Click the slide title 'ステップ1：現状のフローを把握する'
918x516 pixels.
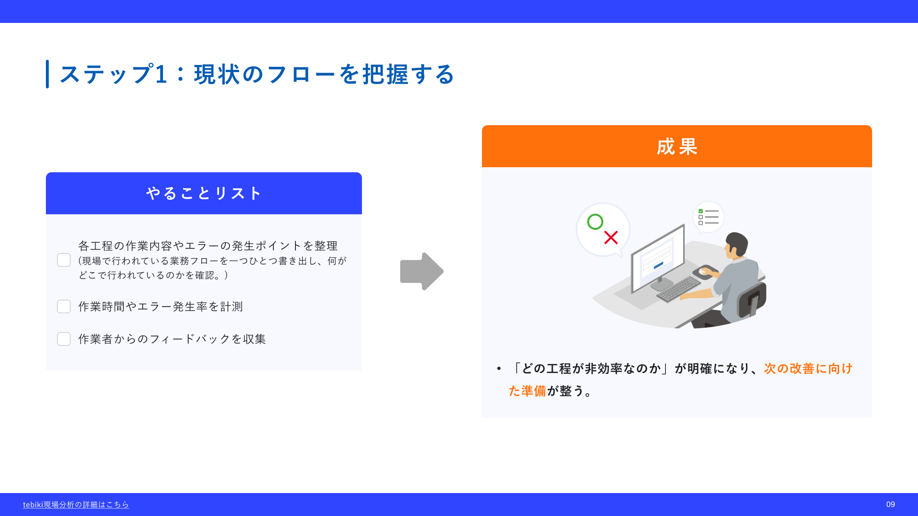pyautogui.click(x=257, y=74)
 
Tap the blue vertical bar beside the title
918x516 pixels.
pyautogui.click(x=47, y=74)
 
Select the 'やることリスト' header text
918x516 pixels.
pyautogui.click(x=204, y=193)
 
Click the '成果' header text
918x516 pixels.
pyautogui.click(x=677, y=146)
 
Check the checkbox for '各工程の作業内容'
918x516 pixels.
pyautogui.click(x=64, y=260)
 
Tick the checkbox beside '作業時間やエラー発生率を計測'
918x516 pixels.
pyautogui.click(x=64, y=306)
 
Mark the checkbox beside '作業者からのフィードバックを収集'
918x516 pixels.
pyautogui.click(x=64, y=339)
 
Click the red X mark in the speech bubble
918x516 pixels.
pyautogui.click(x=611, y=237)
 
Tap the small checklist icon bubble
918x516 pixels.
pyautogui.click(x=708, y=217)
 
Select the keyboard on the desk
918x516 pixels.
pyautogui.click(x=679, y=289)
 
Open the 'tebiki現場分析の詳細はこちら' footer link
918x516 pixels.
pyautogui.click(x=76, y=505)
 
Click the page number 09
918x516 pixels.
pyautogui.click(x=890, y=505)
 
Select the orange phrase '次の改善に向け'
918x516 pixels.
pyautogui.click(x=808, y=368)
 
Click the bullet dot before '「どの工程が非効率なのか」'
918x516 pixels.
pyautogui.click(x=499, y=368)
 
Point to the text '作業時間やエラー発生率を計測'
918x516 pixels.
pyautogui.click(x=161, y=306)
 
